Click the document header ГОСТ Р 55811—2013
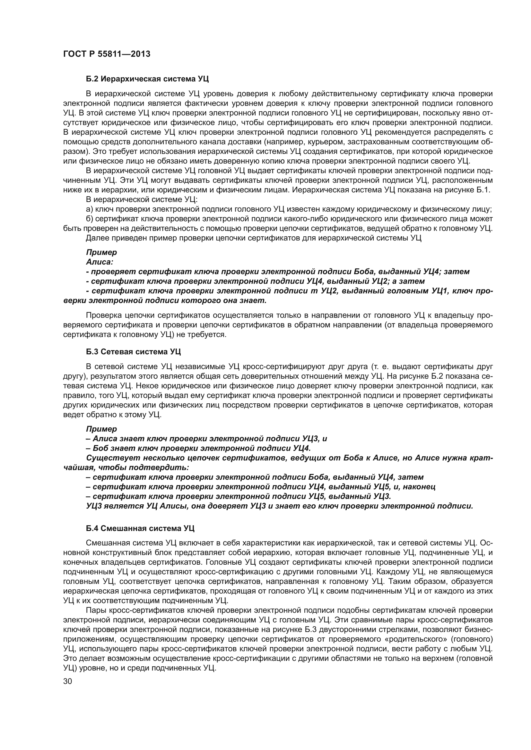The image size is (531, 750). coord(107,54)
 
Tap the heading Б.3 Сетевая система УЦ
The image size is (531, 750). coord(133,352)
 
